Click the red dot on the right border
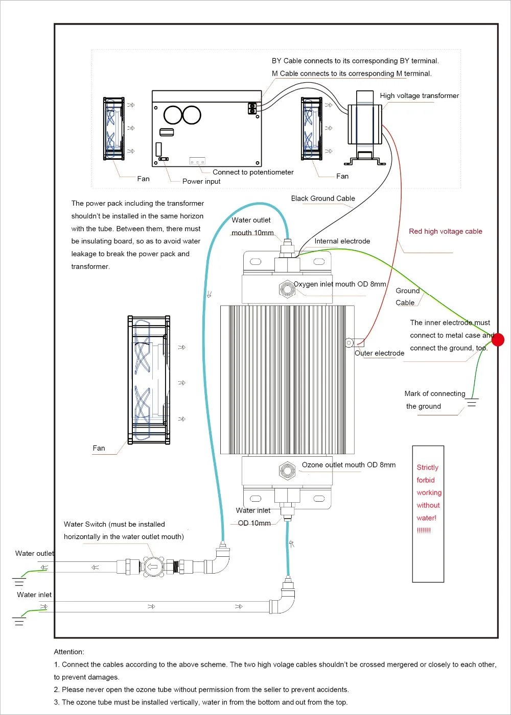tap(498, 339)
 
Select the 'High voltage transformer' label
tap(419, 95)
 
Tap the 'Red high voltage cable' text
tap(445, 231)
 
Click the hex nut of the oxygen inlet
tap(287, 289)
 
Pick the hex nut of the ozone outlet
tap(287, 471)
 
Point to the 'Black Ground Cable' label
tap(323, 198)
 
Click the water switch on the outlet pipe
tap(153, 566)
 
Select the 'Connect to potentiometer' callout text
tap(253, 172)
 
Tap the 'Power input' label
tap(201, 181)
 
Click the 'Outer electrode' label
tap(379, 353)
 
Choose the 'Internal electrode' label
tap(342, 241)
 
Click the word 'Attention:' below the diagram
tap(69, 652)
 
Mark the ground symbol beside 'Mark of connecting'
tap(472, 402)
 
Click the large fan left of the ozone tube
tap(149, 380)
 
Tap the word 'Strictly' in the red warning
tap(427, 467)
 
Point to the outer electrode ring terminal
tap(350, 343)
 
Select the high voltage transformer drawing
tap(365, 128)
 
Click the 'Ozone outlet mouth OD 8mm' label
tap(349, 465)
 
